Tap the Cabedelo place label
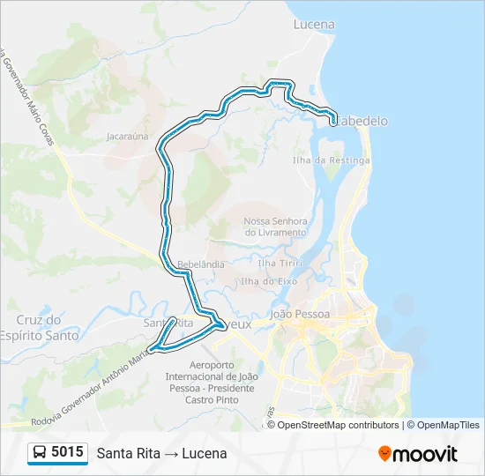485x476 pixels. (x=362, y=122)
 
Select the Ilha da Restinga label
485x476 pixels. (x=332, y=160)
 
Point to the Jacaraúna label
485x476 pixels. (x=127, y=137)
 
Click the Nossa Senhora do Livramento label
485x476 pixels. (x=275, y=227)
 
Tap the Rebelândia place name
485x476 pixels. (x=201, y=264)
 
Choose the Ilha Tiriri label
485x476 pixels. (x=280, y=263)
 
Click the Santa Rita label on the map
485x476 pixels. (x=168, y=324)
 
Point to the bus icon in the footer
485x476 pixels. (x=41, y=453)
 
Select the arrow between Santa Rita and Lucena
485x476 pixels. (x=170, y=454)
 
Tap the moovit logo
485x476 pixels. (x=418, y=454)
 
